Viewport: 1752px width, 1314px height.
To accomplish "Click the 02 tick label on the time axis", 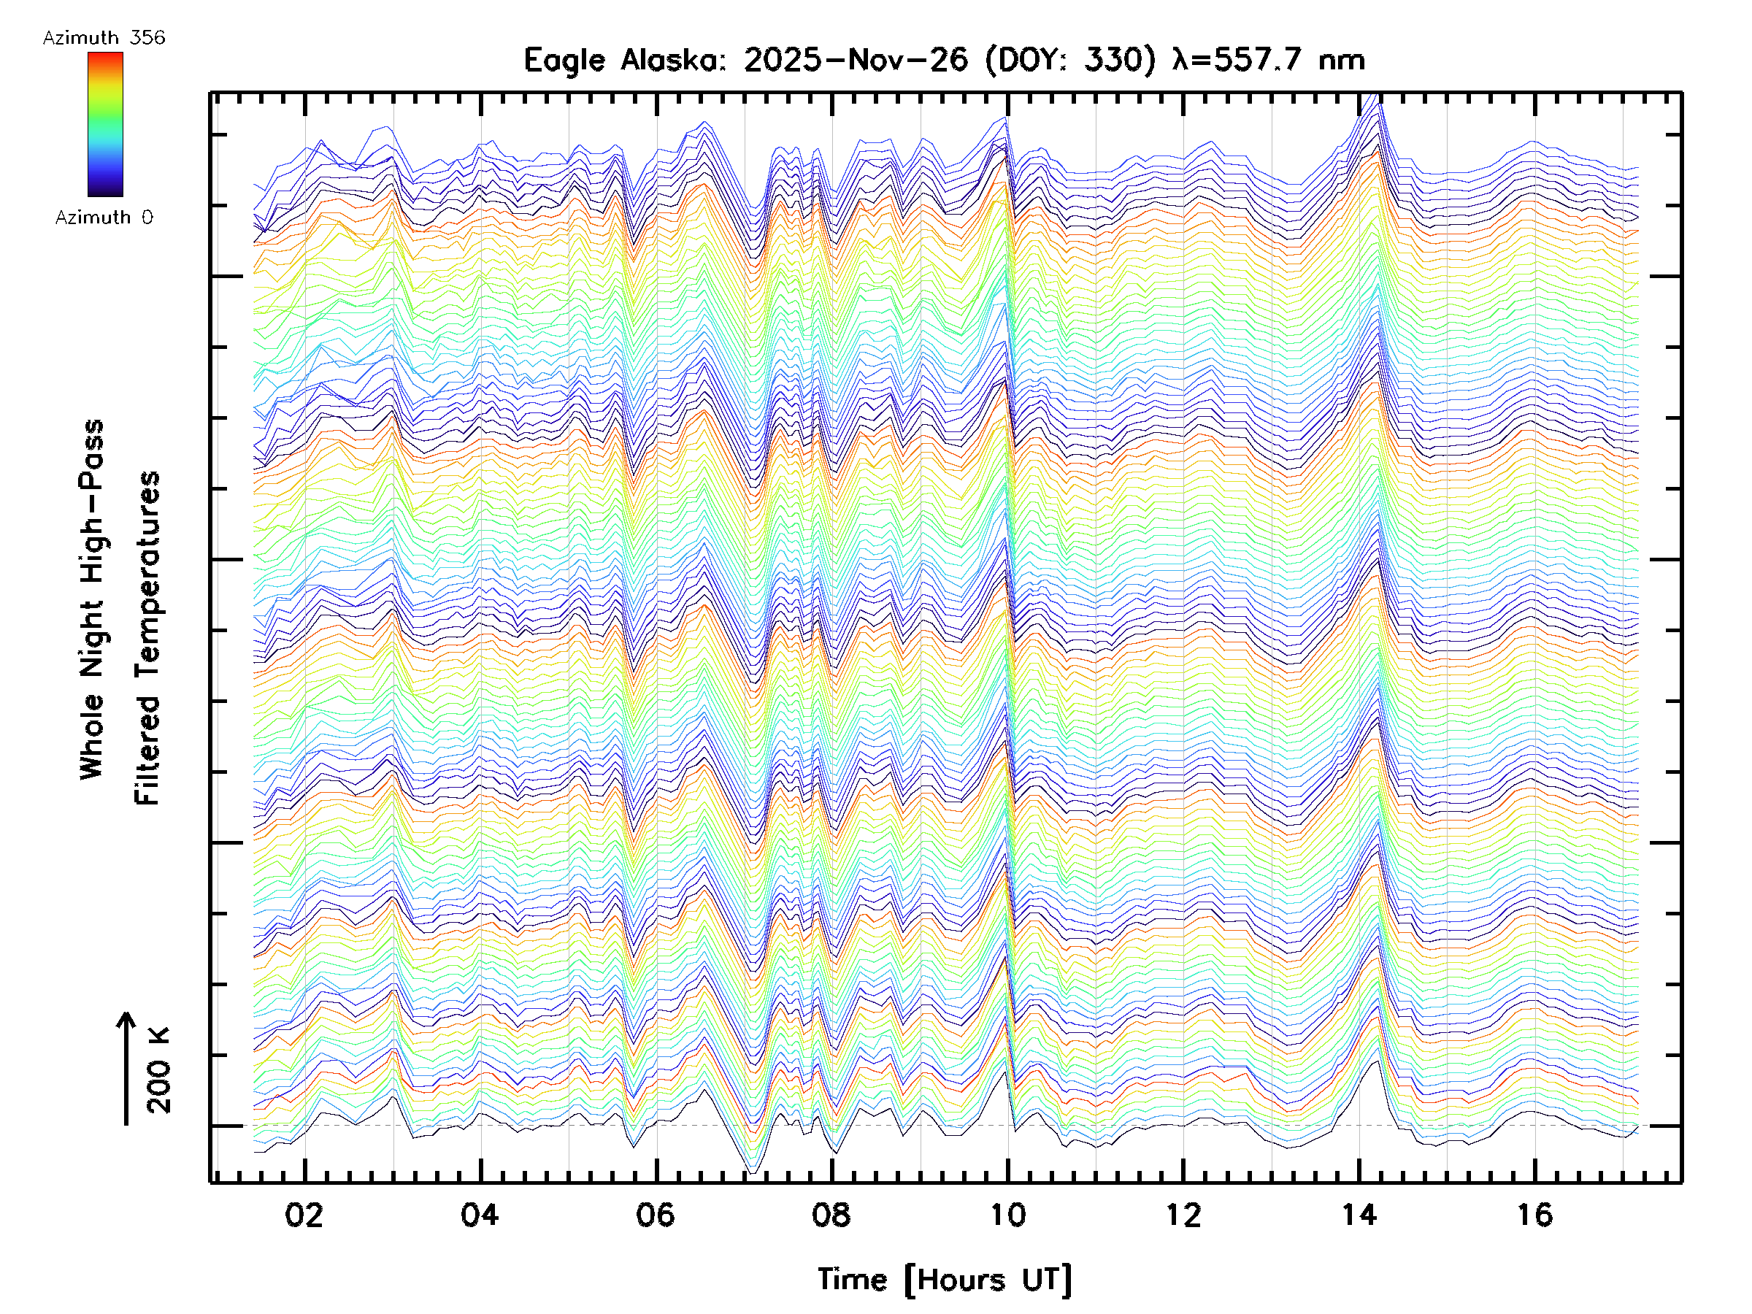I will [x=304, y=1215].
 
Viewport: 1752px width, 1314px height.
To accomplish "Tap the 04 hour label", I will [x=480, y=1215].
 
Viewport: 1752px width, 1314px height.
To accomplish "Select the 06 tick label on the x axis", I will [x=656, y=1215].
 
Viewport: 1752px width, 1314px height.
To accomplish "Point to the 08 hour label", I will [x=831, y=1215].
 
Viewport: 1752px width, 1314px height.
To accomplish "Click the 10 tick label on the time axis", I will [x=1007, y=1215].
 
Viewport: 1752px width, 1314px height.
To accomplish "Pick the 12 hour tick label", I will [x=1183, y=1215].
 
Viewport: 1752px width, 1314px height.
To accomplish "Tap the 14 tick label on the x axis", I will [x=1359, y=1215].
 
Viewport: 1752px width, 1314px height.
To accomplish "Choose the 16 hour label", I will [x=1535, y=1215].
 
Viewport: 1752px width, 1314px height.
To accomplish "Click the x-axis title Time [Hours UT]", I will [x=944, y=1280].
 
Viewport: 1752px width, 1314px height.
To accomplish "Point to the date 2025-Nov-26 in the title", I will [x=856, y=60].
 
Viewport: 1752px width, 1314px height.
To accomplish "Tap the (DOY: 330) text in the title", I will [x=1070, y=60].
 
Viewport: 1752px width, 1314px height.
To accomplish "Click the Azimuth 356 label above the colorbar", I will [x=104, y=38].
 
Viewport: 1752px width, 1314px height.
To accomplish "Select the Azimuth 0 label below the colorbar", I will [x=104, y=218].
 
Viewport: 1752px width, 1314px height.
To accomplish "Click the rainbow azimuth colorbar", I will [x=105, y=124].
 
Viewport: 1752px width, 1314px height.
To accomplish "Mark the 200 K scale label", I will [x=159, y=1070].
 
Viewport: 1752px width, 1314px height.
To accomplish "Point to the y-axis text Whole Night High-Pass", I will [x=92, y=599].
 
